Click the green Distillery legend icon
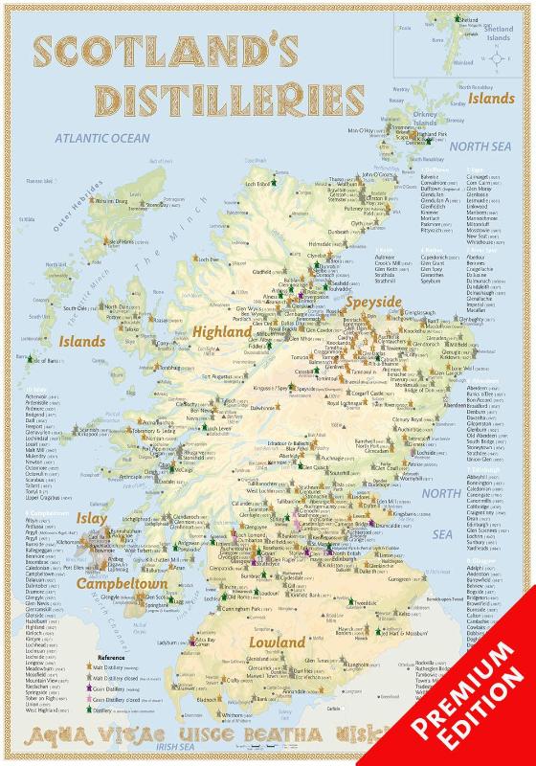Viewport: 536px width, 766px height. [95, 737]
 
